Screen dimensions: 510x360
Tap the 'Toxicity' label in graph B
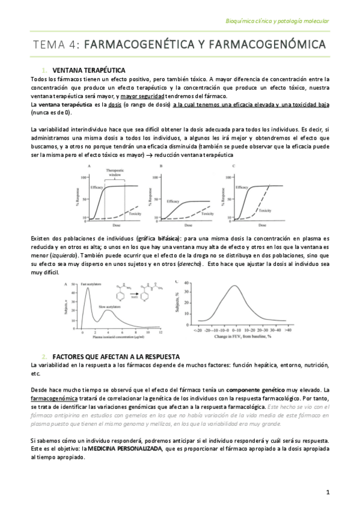[208, 214]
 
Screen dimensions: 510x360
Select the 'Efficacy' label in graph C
[242, 188]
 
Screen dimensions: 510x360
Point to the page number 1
[328, 493]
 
